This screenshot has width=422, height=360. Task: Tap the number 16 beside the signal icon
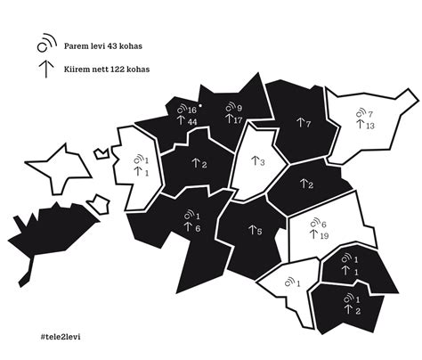(x=192, y=110)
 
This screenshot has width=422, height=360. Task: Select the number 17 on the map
(x=239, y=119)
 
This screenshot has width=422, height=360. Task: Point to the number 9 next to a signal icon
(x=239, y=109)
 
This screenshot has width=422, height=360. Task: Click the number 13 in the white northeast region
(x=371, y=126)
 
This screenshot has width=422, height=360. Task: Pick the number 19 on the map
(x=325, y=235)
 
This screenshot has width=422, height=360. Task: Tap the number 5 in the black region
(x=259, y=232)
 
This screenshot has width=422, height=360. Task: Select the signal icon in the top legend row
(x=44, y=44)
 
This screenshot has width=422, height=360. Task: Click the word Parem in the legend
(x=76, y=44)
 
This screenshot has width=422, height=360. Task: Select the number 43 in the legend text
(x=118, y=44)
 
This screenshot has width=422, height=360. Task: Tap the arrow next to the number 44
(x=181, y=120)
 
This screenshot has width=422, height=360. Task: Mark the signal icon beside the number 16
(x=181, y=109)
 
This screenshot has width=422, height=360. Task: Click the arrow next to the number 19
(x=313, y=235)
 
